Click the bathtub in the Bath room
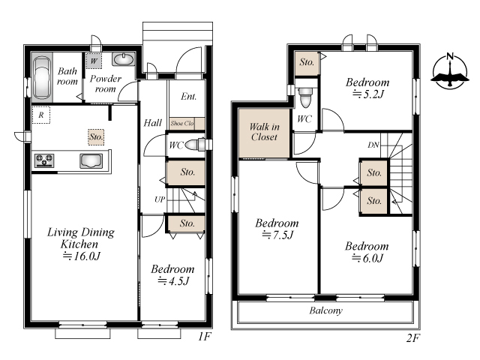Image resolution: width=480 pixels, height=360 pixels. [42, 77]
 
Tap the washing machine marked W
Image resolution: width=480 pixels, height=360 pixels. [94, 61]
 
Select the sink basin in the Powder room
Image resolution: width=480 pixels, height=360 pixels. [123, 59]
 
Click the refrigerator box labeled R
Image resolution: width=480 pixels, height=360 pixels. [41, 115]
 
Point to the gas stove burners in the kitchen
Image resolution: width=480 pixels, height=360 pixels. [44, 160]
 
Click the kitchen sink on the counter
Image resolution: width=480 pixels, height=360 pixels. [91, 161]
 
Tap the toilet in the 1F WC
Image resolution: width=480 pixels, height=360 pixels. [196, 145]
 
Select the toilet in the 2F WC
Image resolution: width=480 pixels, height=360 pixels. [305, 97]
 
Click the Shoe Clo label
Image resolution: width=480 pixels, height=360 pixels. [182, 123]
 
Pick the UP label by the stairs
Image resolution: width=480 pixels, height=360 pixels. [160, 199]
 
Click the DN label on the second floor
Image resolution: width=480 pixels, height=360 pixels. [373, 145]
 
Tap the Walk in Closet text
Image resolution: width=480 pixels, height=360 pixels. [264, 132]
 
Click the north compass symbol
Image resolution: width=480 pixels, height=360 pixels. [450, 71]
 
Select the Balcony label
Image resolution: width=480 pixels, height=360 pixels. [325, 310]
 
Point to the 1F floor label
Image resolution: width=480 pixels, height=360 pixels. [205, 337]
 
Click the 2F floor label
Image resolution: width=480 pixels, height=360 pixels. [413, 338]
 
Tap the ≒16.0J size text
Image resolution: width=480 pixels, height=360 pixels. [82, 256]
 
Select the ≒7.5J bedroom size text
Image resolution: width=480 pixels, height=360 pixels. [278, 235]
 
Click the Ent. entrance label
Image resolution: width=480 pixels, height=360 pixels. [188, 97]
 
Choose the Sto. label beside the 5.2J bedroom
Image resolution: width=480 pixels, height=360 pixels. [307, 62]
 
